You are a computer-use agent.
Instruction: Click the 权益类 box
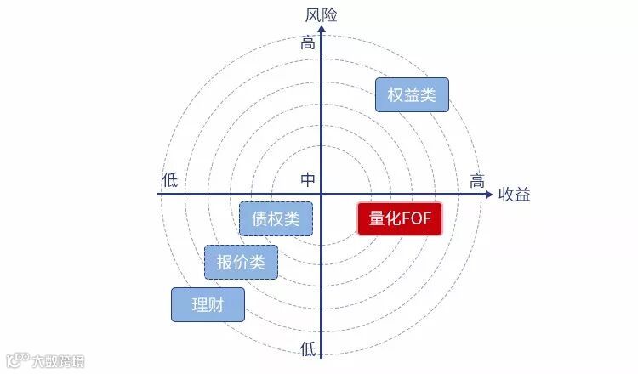pyautogui.click(x=412, y=95)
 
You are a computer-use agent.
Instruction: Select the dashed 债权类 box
pyautogui.click(x=276, y=218)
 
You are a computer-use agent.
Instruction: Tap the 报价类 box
pyautogui.click(x=241, y=263)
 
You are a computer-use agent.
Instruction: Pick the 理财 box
pyautogui.click(x=208, y=305)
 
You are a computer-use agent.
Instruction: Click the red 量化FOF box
pyautogui.click(x=400, y=219)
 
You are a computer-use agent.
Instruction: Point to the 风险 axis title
pyautogui.click(x=322, y=14)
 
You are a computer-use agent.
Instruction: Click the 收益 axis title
pyautogui.click(x=515, y=195)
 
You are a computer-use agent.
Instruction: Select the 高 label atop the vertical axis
pyautogui.click(x=308, y=42)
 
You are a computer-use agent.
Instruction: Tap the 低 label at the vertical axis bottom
pyautogui.click(x=307, y=348)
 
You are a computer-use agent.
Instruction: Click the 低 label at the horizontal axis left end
pyautogui.click(x=170, y=180)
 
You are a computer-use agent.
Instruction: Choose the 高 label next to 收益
pyautogui.click(x=477, y=181)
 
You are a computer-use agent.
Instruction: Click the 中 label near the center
pyautogui.click(x=308, y=180)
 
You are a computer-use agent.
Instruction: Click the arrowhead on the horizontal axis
pyautogui.click(x=488, y=195)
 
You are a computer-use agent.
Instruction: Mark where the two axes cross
pyautogui.click(x=322, y=195)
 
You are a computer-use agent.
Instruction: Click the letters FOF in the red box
pyautogui.click(x=417, y=219)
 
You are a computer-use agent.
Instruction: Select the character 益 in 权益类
pyautogui.click(x=412, y=95)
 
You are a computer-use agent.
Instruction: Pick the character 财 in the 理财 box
pyautogui.click(x=216, y=305)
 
